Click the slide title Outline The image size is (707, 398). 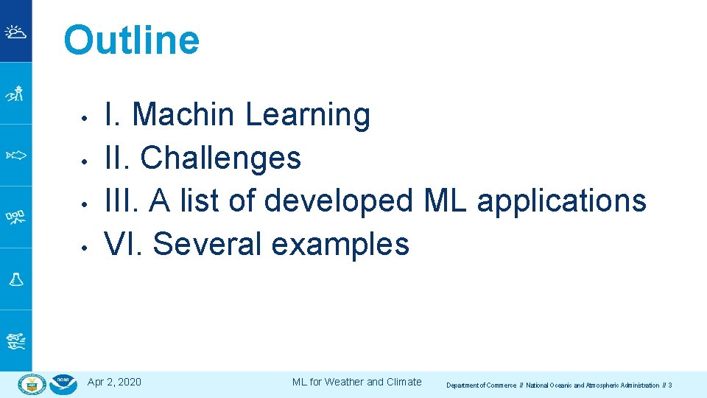[131, 41]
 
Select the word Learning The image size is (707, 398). [308, 115]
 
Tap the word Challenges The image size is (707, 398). [220, 158]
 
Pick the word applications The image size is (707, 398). [562, 200]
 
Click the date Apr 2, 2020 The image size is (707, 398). [114, 382]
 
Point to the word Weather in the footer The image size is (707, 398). [344, 382]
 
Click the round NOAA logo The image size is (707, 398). [64, 384]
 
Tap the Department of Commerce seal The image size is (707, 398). [32, 384]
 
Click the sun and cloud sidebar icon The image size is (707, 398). [15, 32]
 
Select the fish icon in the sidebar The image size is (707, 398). [15, 156]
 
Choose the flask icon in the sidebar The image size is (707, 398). [15, 279]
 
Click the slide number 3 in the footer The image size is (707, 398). [669, 385]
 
